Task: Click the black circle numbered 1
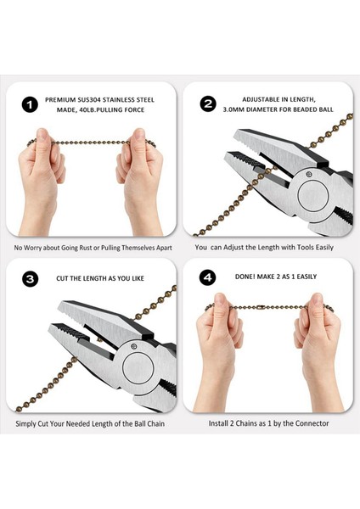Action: click(29, 104)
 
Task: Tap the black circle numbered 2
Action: click(208, 103)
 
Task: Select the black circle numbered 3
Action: click(30, 279)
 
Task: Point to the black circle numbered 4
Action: click(208, 277)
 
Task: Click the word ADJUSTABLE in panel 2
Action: click(262, 99)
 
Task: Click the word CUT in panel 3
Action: click(62, 278)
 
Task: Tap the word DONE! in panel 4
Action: click(245, 277)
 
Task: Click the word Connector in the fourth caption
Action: click(312, 423)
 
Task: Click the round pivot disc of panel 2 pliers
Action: click(313, 195)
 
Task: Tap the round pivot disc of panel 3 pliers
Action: click(138, 367)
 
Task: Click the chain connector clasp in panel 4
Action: click(260, 307)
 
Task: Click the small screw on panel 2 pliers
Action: click(309, 175)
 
